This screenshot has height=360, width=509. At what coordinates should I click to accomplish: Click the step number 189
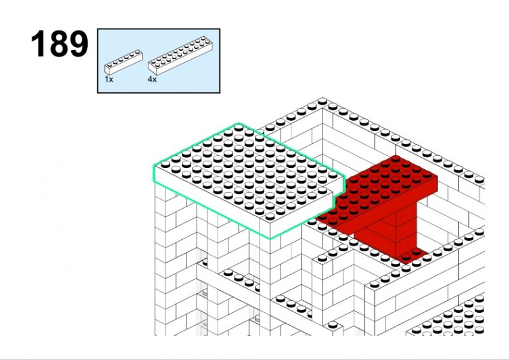59,44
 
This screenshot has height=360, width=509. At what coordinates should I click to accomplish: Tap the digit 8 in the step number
59,44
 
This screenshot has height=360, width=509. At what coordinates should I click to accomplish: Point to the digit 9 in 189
78,44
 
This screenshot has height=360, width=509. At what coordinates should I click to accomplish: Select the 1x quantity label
109,80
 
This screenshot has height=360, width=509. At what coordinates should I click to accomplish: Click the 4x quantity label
152,80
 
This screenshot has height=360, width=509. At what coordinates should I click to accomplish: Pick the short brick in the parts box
123,62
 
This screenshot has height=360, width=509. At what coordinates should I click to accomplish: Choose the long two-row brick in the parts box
181,55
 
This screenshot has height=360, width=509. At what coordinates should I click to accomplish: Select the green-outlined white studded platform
248,180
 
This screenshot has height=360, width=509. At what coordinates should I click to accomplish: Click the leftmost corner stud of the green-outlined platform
165,164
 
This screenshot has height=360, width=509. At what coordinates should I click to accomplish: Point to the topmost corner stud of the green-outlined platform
239,128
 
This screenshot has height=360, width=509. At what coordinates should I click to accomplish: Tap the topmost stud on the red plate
395,158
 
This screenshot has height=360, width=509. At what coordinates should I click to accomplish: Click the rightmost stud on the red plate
427,175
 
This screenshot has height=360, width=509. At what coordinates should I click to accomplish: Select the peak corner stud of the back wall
323,101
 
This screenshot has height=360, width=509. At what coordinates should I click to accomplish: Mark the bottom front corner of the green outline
269,239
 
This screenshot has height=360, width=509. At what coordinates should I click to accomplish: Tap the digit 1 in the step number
39,44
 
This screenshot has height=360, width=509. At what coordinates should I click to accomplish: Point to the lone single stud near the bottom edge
332,324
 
